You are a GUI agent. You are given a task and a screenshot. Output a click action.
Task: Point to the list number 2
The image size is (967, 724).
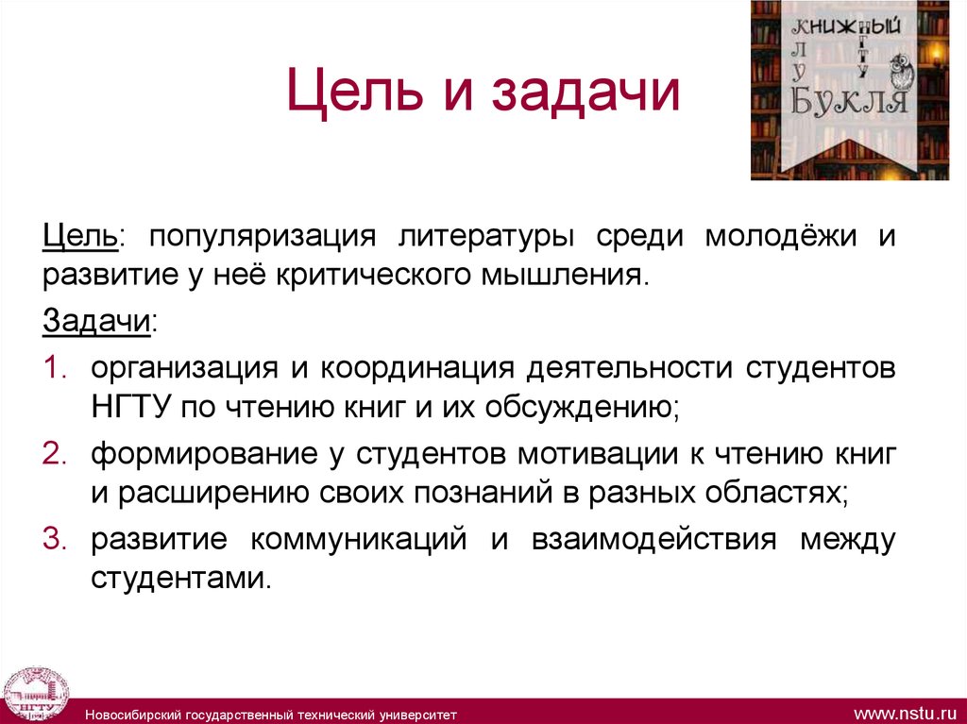coord(53,454)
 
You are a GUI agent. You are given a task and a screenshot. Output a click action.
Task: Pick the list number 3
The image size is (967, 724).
coord(53,541)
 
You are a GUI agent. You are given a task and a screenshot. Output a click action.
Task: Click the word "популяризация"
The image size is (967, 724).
coord(262,236)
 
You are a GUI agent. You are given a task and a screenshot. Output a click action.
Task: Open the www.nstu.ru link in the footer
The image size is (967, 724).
coord(905,709)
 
